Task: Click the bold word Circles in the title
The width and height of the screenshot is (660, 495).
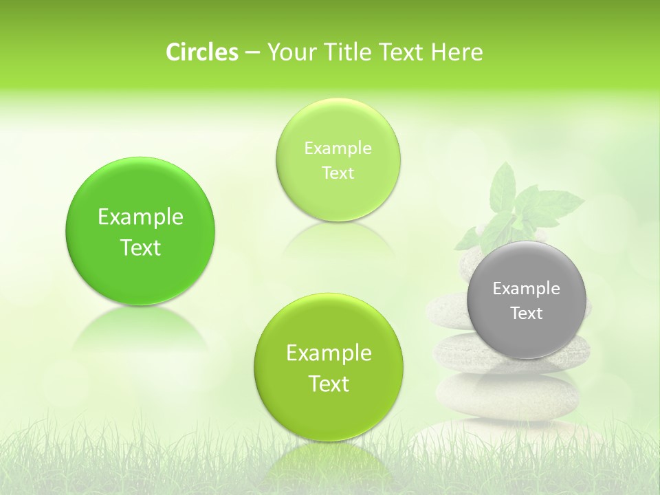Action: (201, 52)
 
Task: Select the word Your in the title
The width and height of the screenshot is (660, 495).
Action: (288, 52)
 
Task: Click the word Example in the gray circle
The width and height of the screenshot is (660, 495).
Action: (527, 289)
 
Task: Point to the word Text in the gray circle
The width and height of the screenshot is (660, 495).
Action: (527, 313)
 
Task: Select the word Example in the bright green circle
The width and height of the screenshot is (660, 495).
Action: (140, 217)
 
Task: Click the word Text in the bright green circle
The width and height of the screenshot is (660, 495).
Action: (140, 248)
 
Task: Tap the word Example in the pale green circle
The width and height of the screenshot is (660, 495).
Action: (338, 148)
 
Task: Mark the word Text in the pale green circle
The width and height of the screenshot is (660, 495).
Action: (338, 173)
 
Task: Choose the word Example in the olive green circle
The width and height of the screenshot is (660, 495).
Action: (329, 353)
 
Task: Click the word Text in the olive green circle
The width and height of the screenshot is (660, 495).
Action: (329, 384)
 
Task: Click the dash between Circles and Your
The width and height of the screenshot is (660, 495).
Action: (252, 52)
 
